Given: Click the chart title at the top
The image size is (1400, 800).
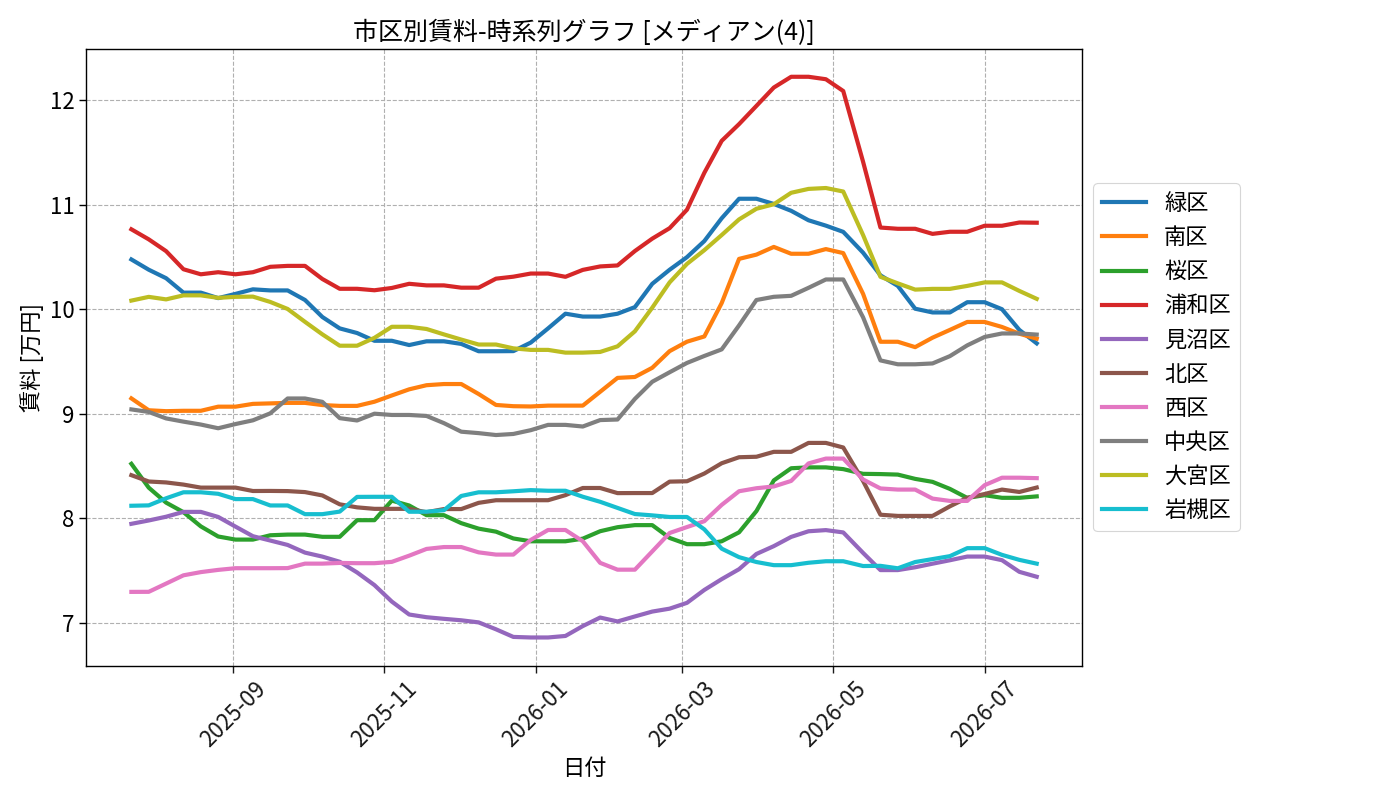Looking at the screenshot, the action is [x=584, y=31].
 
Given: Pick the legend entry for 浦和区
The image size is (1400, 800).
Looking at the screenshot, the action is [x=1165, y=304].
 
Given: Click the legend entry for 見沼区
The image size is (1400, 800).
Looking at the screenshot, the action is [x=1165, y=339].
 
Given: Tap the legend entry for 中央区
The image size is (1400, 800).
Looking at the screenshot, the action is [x=1165, y=441].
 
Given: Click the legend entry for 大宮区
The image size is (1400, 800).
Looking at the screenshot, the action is [x=1165, y=476].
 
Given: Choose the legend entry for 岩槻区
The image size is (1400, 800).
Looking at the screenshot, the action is [x=1165, y=509].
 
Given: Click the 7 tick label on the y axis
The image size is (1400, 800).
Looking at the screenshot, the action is [x=69, y=624].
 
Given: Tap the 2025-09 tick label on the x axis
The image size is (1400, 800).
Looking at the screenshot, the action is [x=231, y=714].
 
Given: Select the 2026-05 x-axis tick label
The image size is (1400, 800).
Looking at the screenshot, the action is [x=831, y=714].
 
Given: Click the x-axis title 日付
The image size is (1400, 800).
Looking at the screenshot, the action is [x=584, y=767].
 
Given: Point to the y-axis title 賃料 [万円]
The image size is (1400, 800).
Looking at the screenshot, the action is [x=30, y=358].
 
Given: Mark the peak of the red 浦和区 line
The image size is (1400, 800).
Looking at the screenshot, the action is [x=792, y=77].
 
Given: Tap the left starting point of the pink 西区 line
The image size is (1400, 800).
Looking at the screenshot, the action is [x=131, y=592].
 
